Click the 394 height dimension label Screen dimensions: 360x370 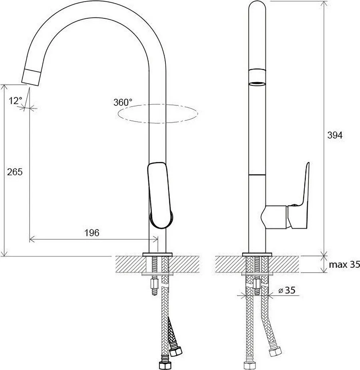click(x=334, y=135)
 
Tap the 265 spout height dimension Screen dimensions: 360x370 click(x=15, y=172)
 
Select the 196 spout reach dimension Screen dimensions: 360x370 click(x=92, y=233)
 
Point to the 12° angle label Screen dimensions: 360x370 click(x=15, y=101)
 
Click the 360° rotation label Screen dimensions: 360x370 click(x=123, y=102)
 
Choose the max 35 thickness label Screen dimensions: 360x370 click(x=344, y=265)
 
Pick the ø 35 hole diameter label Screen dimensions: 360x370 click(x=287, y=290)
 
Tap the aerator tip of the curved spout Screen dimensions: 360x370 click(x=32, y=77)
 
